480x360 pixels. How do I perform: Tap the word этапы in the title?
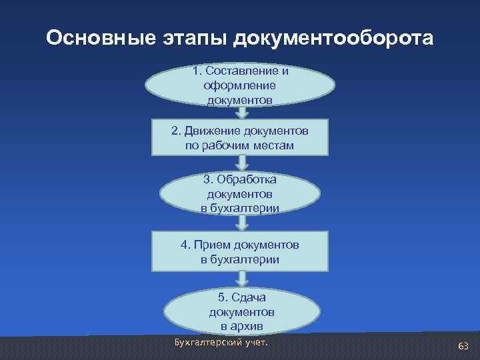click(185, 38)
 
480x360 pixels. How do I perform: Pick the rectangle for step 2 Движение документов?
click(239, 136)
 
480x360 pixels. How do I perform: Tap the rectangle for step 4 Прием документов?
click(239, 251)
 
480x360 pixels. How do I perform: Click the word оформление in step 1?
click(240, 85)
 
